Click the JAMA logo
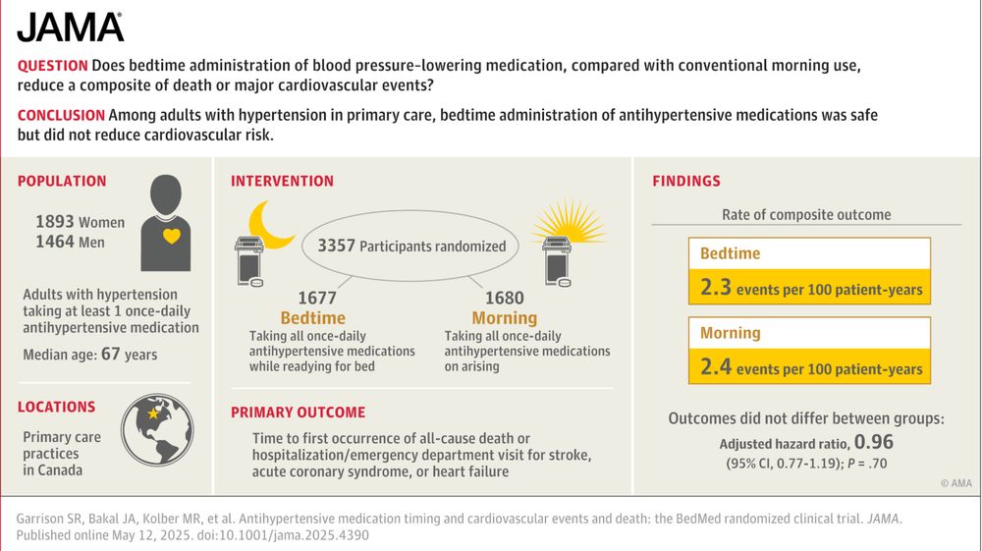pyautogui.click(x=70, y=27)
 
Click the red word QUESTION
pyautogui.click(x=53, y=66)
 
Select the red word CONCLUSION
pyautogui.click(x=61, y=115)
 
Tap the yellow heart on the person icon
pyautogui.click(x=172, y=236)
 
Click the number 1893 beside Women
pyautogui.click(x=55, y=222)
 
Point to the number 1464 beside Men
pyautogui.click(x=55, y=242)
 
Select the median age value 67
pyautogui.click(x=110, y=354)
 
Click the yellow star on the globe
pyautogui.click(x=153, y=413)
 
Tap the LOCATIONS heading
pyautogui.click(x=56, y=407)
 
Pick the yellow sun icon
pyautogui.click(x=569, y=221)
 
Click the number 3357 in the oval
pyautogui.click(x=336, y=246)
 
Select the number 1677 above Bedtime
pyautogui.click(x=317, y=298)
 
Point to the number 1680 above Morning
pyautogui.click(x=505, y=298)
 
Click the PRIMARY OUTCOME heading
pyautogui.click(x=299, y=413)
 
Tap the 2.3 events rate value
pyautogui.click(x=716, y=288)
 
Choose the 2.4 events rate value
pyautogui.click(x=716, y=367)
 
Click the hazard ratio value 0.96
pyautogui.click(x=874, y=442)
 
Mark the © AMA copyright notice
pyautogui.click(x=956, y=483)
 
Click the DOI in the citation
pyautogui.click(x=283, y=535)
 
